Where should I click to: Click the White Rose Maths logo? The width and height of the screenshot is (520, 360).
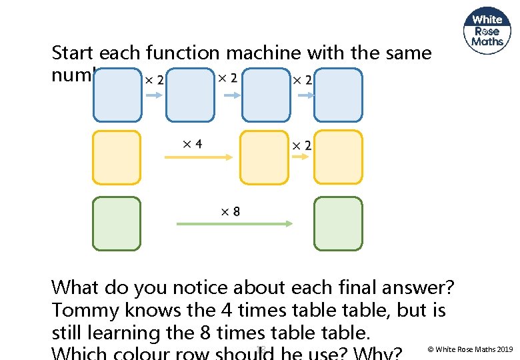point(487,31)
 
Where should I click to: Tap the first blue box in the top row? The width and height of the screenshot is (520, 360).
point(117,95)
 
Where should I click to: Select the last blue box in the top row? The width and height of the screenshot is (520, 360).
point(338,95)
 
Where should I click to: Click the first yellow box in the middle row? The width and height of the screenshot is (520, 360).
point(117,157)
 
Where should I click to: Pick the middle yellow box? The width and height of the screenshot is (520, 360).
point(264,157)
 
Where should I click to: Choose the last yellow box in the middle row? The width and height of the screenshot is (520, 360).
point(338,157)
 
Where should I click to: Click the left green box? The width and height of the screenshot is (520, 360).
point(117,223)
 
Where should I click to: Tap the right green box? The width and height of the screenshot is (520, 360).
point(338,223)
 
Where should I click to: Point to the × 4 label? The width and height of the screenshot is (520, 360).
point(193,144)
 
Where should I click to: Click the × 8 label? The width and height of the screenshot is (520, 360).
point(231,211)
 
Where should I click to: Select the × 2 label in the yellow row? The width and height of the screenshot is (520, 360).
point(301,145)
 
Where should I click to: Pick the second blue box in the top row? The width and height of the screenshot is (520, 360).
point(191,95)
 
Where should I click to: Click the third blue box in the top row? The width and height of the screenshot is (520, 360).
point(265,95)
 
